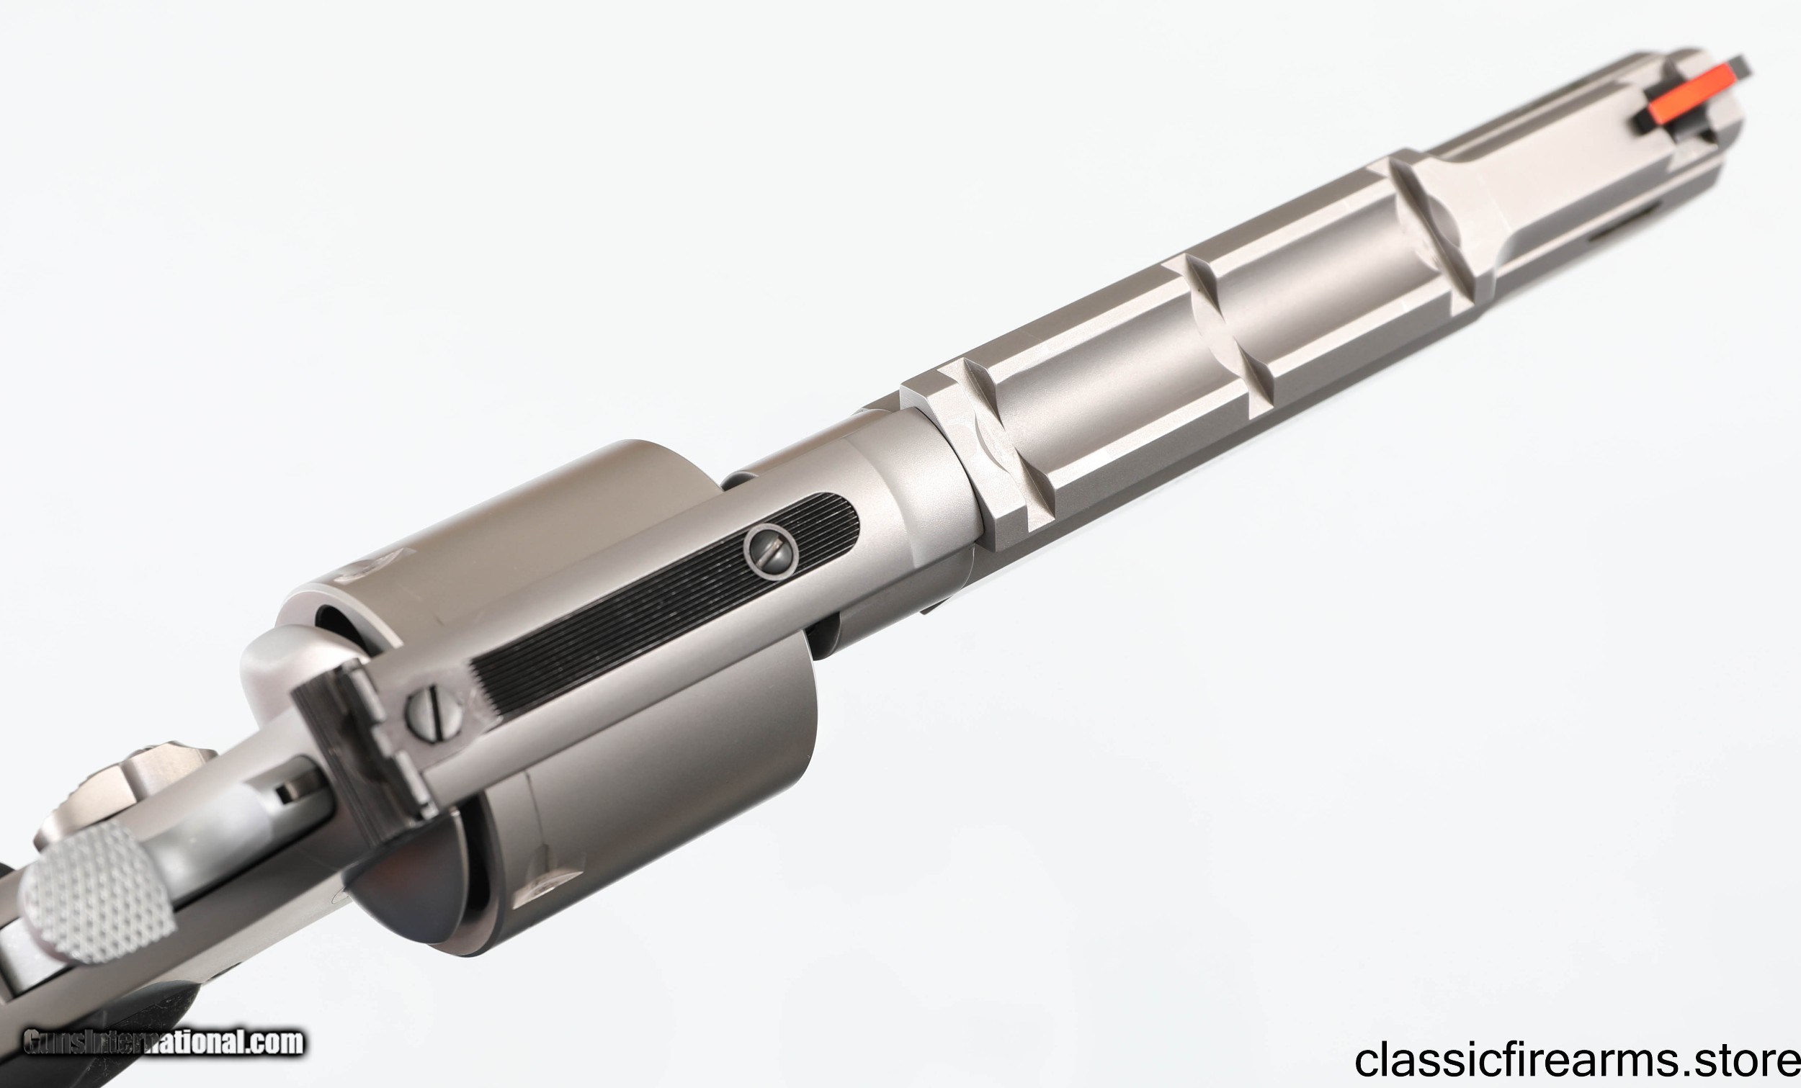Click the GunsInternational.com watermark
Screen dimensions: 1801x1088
162,1042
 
